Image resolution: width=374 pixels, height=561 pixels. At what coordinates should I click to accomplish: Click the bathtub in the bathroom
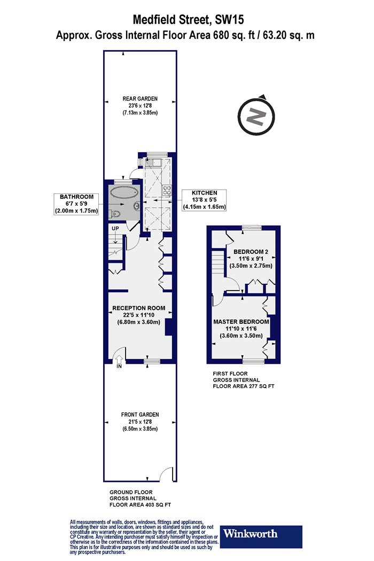click(124, 193)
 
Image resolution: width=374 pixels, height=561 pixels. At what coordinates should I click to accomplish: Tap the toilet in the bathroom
click(114, 213)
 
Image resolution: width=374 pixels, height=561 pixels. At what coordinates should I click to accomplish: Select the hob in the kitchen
click(166, 190)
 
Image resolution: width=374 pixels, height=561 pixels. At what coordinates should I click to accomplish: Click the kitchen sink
click(154, 163)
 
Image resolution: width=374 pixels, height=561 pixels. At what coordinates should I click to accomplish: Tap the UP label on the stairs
click(115, 228)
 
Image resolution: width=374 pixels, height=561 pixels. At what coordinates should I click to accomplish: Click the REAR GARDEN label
click(140, 99)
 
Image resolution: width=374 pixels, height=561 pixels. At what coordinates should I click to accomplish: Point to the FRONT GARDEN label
click(140, 414)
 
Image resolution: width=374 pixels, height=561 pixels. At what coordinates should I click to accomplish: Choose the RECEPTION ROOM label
click(139, 308)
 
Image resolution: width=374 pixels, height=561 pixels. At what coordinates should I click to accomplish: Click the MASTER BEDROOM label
click(241, 322)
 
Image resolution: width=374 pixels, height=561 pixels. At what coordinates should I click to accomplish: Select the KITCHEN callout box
click(204, 200)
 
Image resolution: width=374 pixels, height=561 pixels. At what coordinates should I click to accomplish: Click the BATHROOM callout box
click(76, 204)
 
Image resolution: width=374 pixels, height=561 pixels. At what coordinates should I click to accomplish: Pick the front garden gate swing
click(165, 474)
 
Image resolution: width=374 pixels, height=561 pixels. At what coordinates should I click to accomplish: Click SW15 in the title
click(229, 19)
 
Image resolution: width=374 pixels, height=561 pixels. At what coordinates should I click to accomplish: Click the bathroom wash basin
click(136, 206)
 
